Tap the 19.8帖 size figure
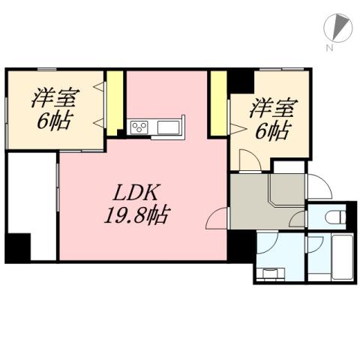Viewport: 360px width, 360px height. click(136, 217)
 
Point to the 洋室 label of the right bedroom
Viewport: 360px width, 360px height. click(270, 107)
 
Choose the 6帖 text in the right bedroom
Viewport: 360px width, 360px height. click(270, 130)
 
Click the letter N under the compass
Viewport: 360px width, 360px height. click(329, 49)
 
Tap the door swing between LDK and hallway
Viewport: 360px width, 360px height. click(217, 218)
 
